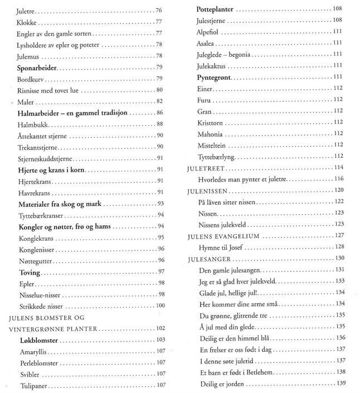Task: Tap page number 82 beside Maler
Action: point(159,101)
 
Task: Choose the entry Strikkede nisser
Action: point(39,305)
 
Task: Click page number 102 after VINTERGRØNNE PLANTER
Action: point(160,328)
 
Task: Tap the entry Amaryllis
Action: point(35,351)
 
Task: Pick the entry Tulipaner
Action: point(34,385)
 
